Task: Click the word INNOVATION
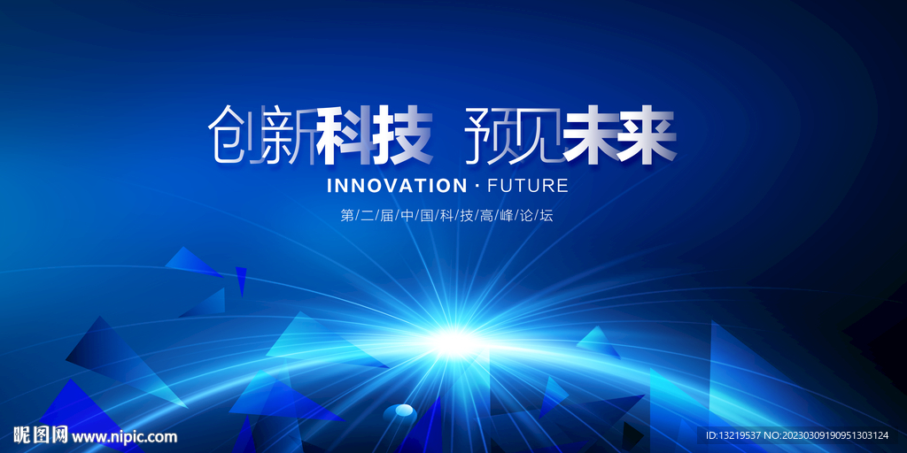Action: pyautogui.click(x=397, y=186)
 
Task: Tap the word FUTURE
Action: pyautogui.click(x=528, y=186)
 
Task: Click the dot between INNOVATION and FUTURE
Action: pyautogui.click(x=477, y=186)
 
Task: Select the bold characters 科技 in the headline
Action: pyautogui.click(x=375, y=135)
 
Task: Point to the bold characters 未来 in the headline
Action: pyautogui.click(x=619, y=135)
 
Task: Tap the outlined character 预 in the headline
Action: pyautogui.click(x=487, y=134)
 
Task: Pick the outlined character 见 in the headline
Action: pyautogui.click(x=537, y=134)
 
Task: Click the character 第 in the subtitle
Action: pyautogui.click(x=347, y=216)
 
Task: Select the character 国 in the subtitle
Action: pyautogui.click(x=427, y=216)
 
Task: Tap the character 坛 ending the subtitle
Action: pyautogui.click(x=546, y=216)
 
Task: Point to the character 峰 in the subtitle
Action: pyautogui.click(x=507, y=216)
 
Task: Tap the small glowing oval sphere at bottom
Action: pyautogui.click(x=399, y=412)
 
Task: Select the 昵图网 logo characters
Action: pyautogui.click(x=41, y=435)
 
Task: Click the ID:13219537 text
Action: pyautogui.click(x=734, y=435)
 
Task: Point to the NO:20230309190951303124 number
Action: pyautogui.click(x=826, y=435)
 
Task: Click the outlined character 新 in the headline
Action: pyautogui.click(x=287, y=134)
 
